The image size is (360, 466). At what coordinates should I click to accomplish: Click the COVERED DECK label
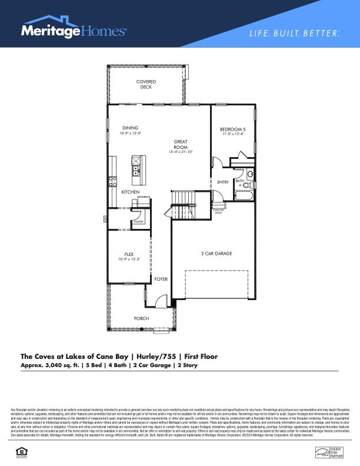[x=145, y=84]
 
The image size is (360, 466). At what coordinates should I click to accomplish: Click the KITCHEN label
[x=130, y=192]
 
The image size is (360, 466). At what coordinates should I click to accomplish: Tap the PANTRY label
[x=139, y=222]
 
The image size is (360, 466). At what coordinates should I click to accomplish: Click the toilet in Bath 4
[x=250, y=174]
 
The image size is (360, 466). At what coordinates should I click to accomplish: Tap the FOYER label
[x=161, y=279]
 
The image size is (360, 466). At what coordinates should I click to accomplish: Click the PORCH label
[x=141, y=318]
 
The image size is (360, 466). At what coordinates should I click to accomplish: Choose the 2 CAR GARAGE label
[x=216, y=254]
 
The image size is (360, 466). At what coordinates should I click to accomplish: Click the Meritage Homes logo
[x=74, y=31]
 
